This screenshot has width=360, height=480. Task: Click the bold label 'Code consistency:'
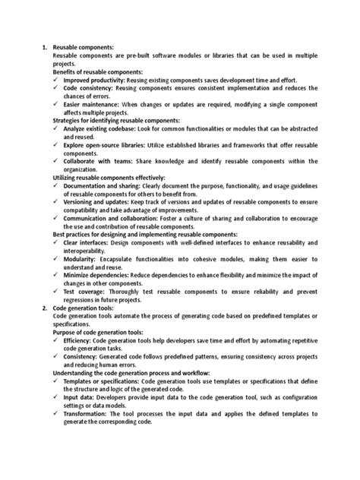tap(92, 88)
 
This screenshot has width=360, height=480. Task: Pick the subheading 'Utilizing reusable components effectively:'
tap(112, 177)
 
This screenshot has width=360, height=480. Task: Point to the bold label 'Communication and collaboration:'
tap(118, 216)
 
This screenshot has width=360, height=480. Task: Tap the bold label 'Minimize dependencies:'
tap(103, 273)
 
